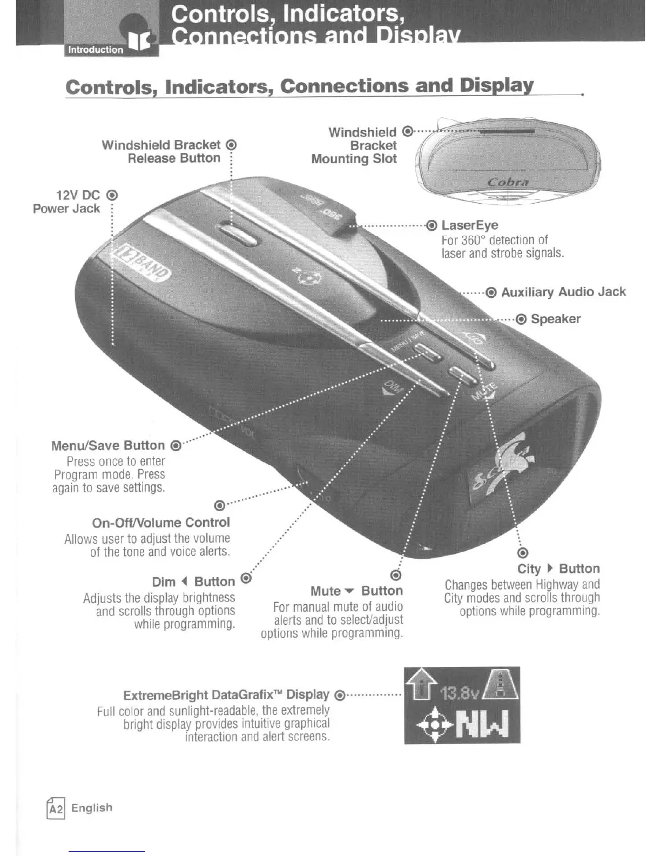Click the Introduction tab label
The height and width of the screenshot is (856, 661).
96,50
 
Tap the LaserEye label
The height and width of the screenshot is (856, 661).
469,225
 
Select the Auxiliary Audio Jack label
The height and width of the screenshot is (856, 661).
563,292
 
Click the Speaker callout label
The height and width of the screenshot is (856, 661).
555,319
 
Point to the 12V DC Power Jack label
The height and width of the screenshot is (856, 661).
67,202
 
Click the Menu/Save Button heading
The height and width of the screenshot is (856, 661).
108,446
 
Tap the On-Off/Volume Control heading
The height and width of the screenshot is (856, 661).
161,523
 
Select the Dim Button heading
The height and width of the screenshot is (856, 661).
193,582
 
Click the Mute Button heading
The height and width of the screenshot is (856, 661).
356,591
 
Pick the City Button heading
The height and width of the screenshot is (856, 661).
558,569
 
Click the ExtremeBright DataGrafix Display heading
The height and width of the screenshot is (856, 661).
226,695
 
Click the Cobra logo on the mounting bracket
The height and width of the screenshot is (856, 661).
508,182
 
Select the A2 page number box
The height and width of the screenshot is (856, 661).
56,808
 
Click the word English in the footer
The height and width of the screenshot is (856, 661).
92,808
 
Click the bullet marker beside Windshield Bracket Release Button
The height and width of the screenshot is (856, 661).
231,145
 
